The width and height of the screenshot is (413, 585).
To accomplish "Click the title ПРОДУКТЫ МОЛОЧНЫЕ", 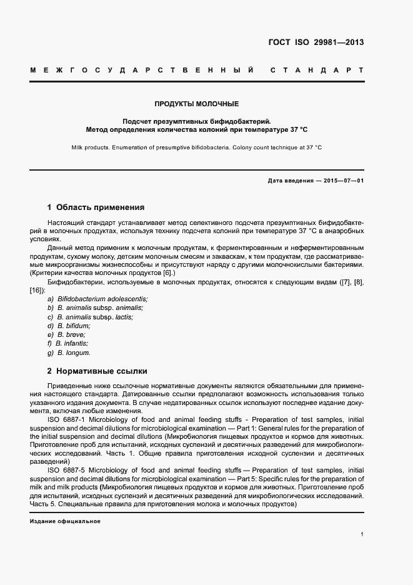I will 197,103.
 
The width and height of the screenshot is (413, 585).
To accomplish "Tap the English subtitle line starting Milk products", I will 197,147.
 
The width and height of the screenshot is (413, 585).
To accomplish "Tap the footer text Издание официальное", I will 65,521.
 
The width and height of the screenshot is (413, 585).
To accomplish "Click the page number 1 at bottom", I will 362,534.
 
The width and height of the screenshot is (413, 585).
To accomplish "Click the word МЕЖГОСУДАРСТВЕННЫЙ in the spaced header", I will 141,69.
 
